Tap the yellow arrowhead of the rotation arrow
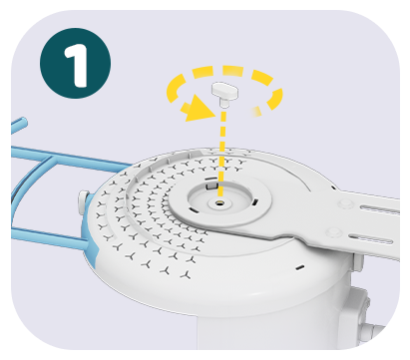(x=199, y=108)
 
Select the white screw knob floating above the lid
(x=225, y=93)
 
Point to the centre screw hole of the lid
(x=219, y=202)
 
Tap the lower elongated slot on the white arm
(x=372, y=238)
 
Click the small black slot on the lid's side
(x=300, y=267)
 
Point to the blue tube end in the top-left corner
(x=19, y=125)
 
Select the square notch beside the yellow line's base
(x=211, y=183)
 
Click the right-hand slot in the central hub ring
(x=254, y=201)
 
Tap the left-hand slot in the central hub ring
(x=194, y=209)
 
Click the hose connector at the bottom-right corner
(x=372, y=332)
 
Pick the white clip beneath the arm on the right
(x=358, y=262)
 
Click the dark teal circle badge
(x=76, y=63)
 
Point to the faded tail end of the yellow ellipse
(x=255, y=112)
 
